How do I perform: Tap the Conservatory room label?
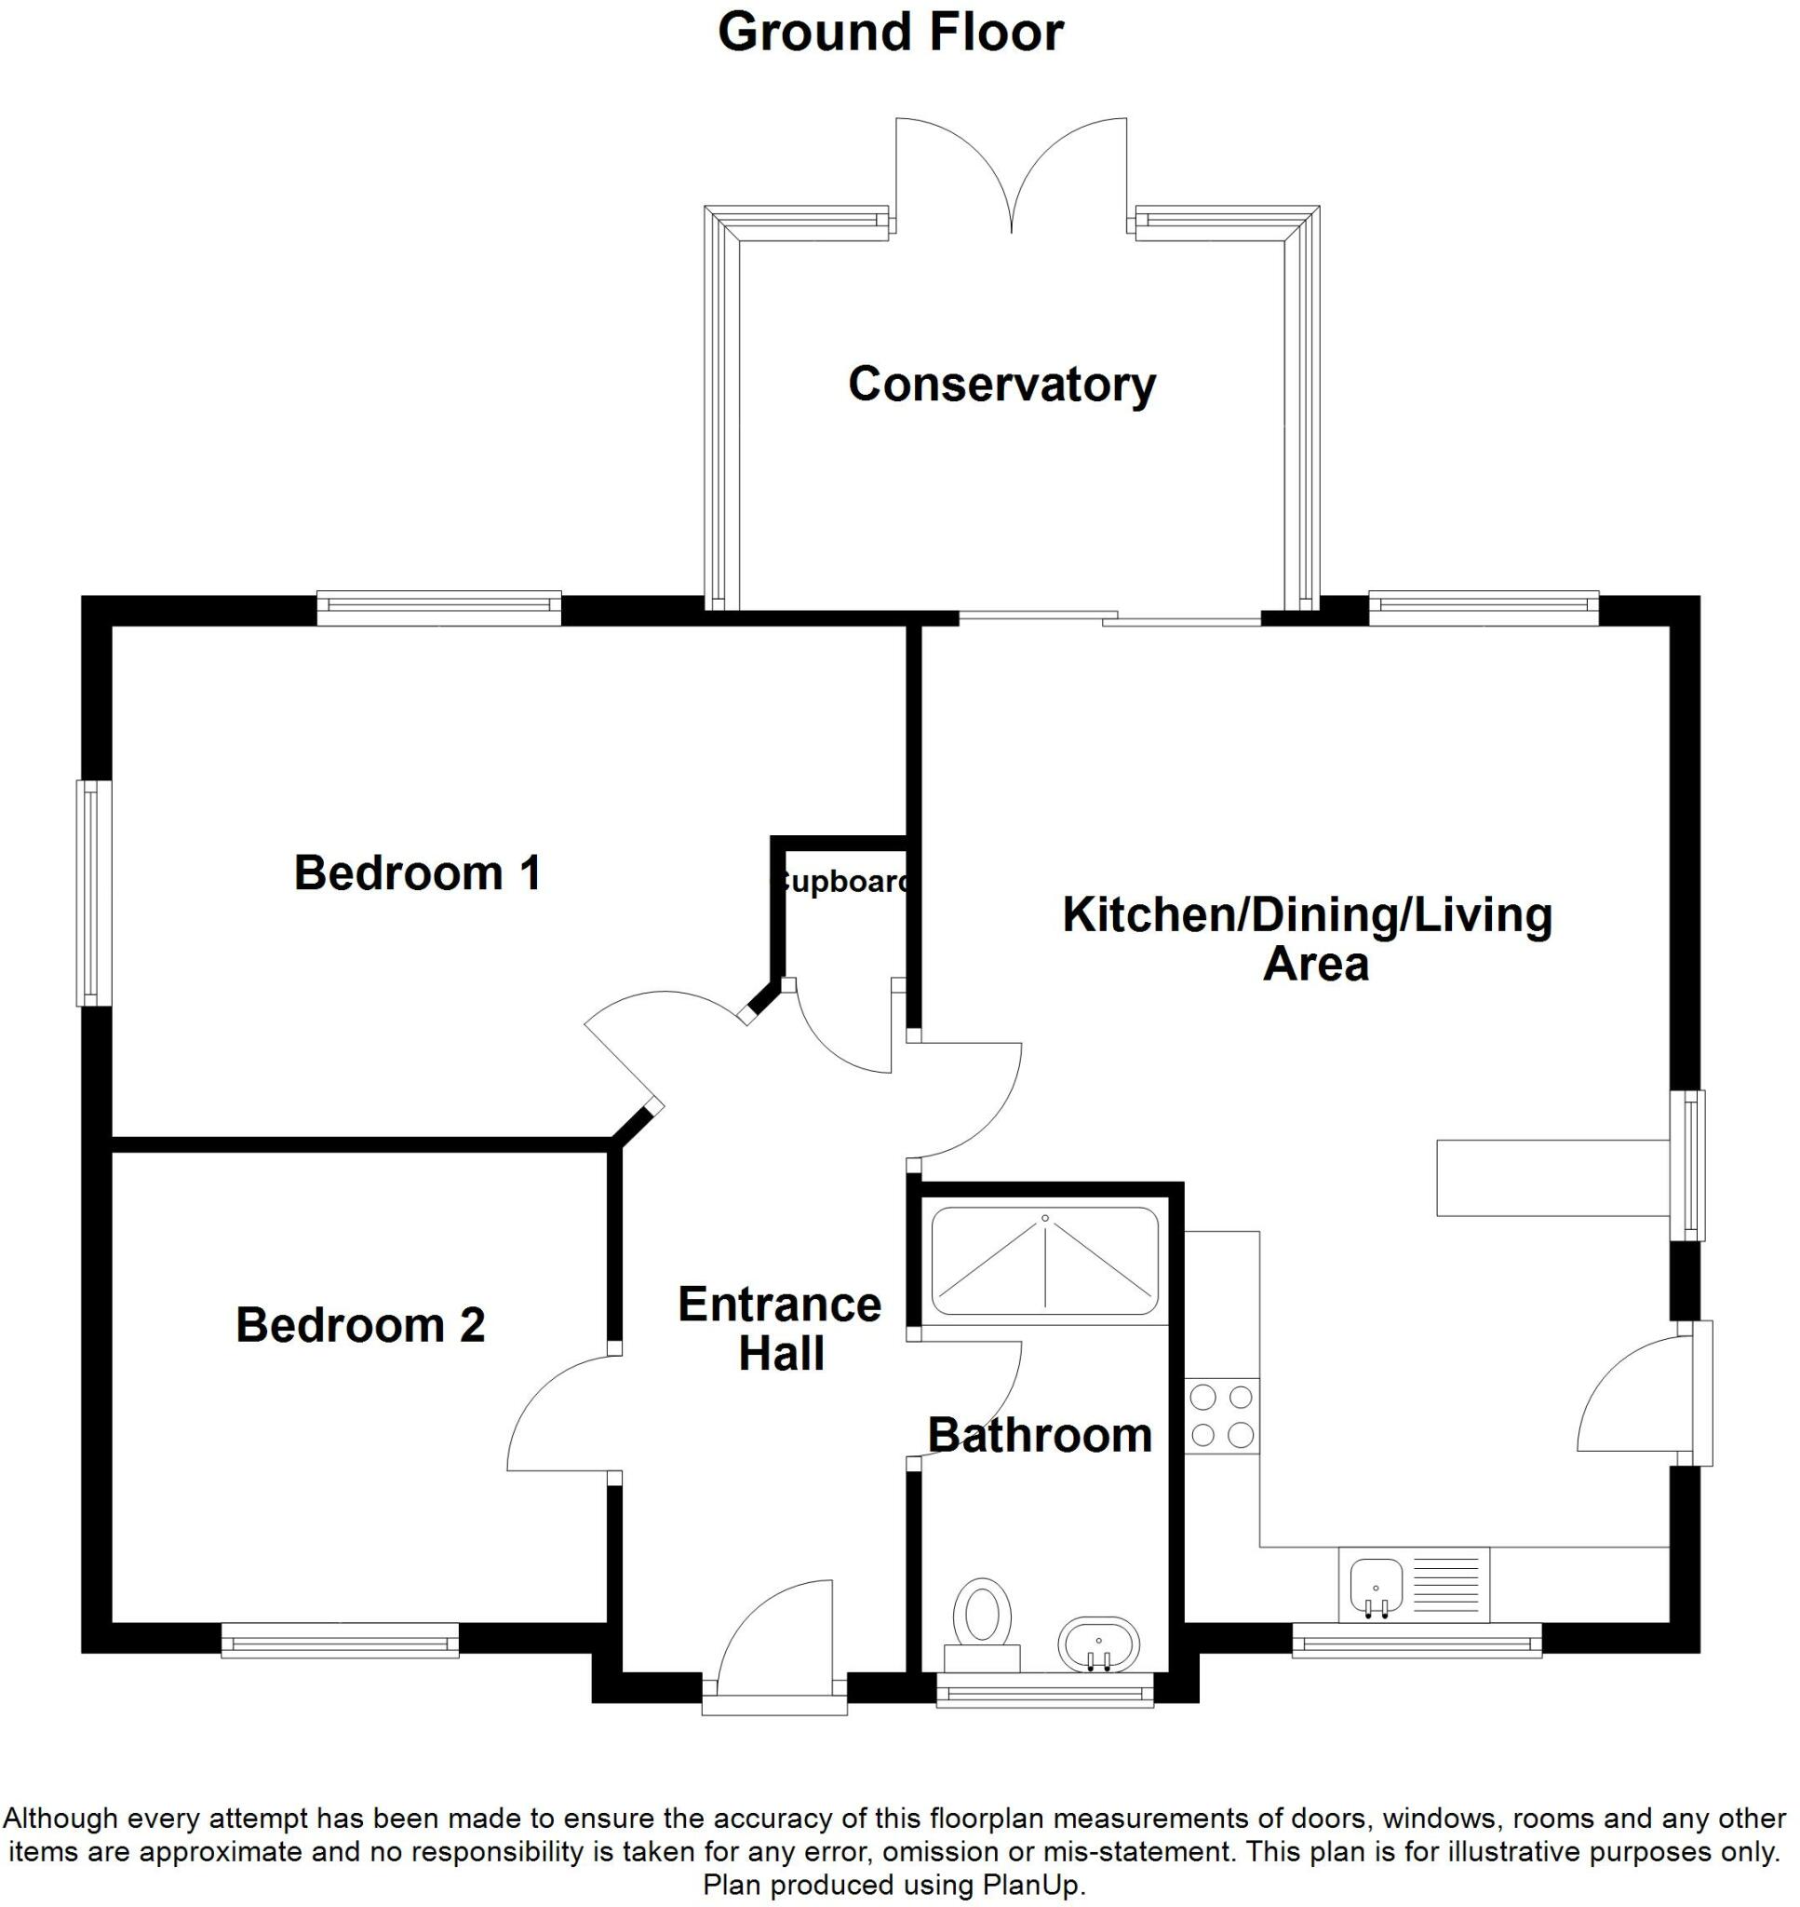1001,384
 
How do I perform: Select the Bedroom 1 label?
416,872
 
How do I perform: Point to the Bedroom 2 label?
360,1324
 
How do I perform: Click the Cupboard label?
841,881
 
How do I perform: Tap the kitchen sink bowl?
1375,1585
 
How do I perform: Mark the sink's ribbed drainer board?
1446,1585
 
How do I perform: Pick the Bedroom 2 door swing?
558,1413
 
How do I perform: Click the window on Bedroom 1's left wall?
92,893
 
